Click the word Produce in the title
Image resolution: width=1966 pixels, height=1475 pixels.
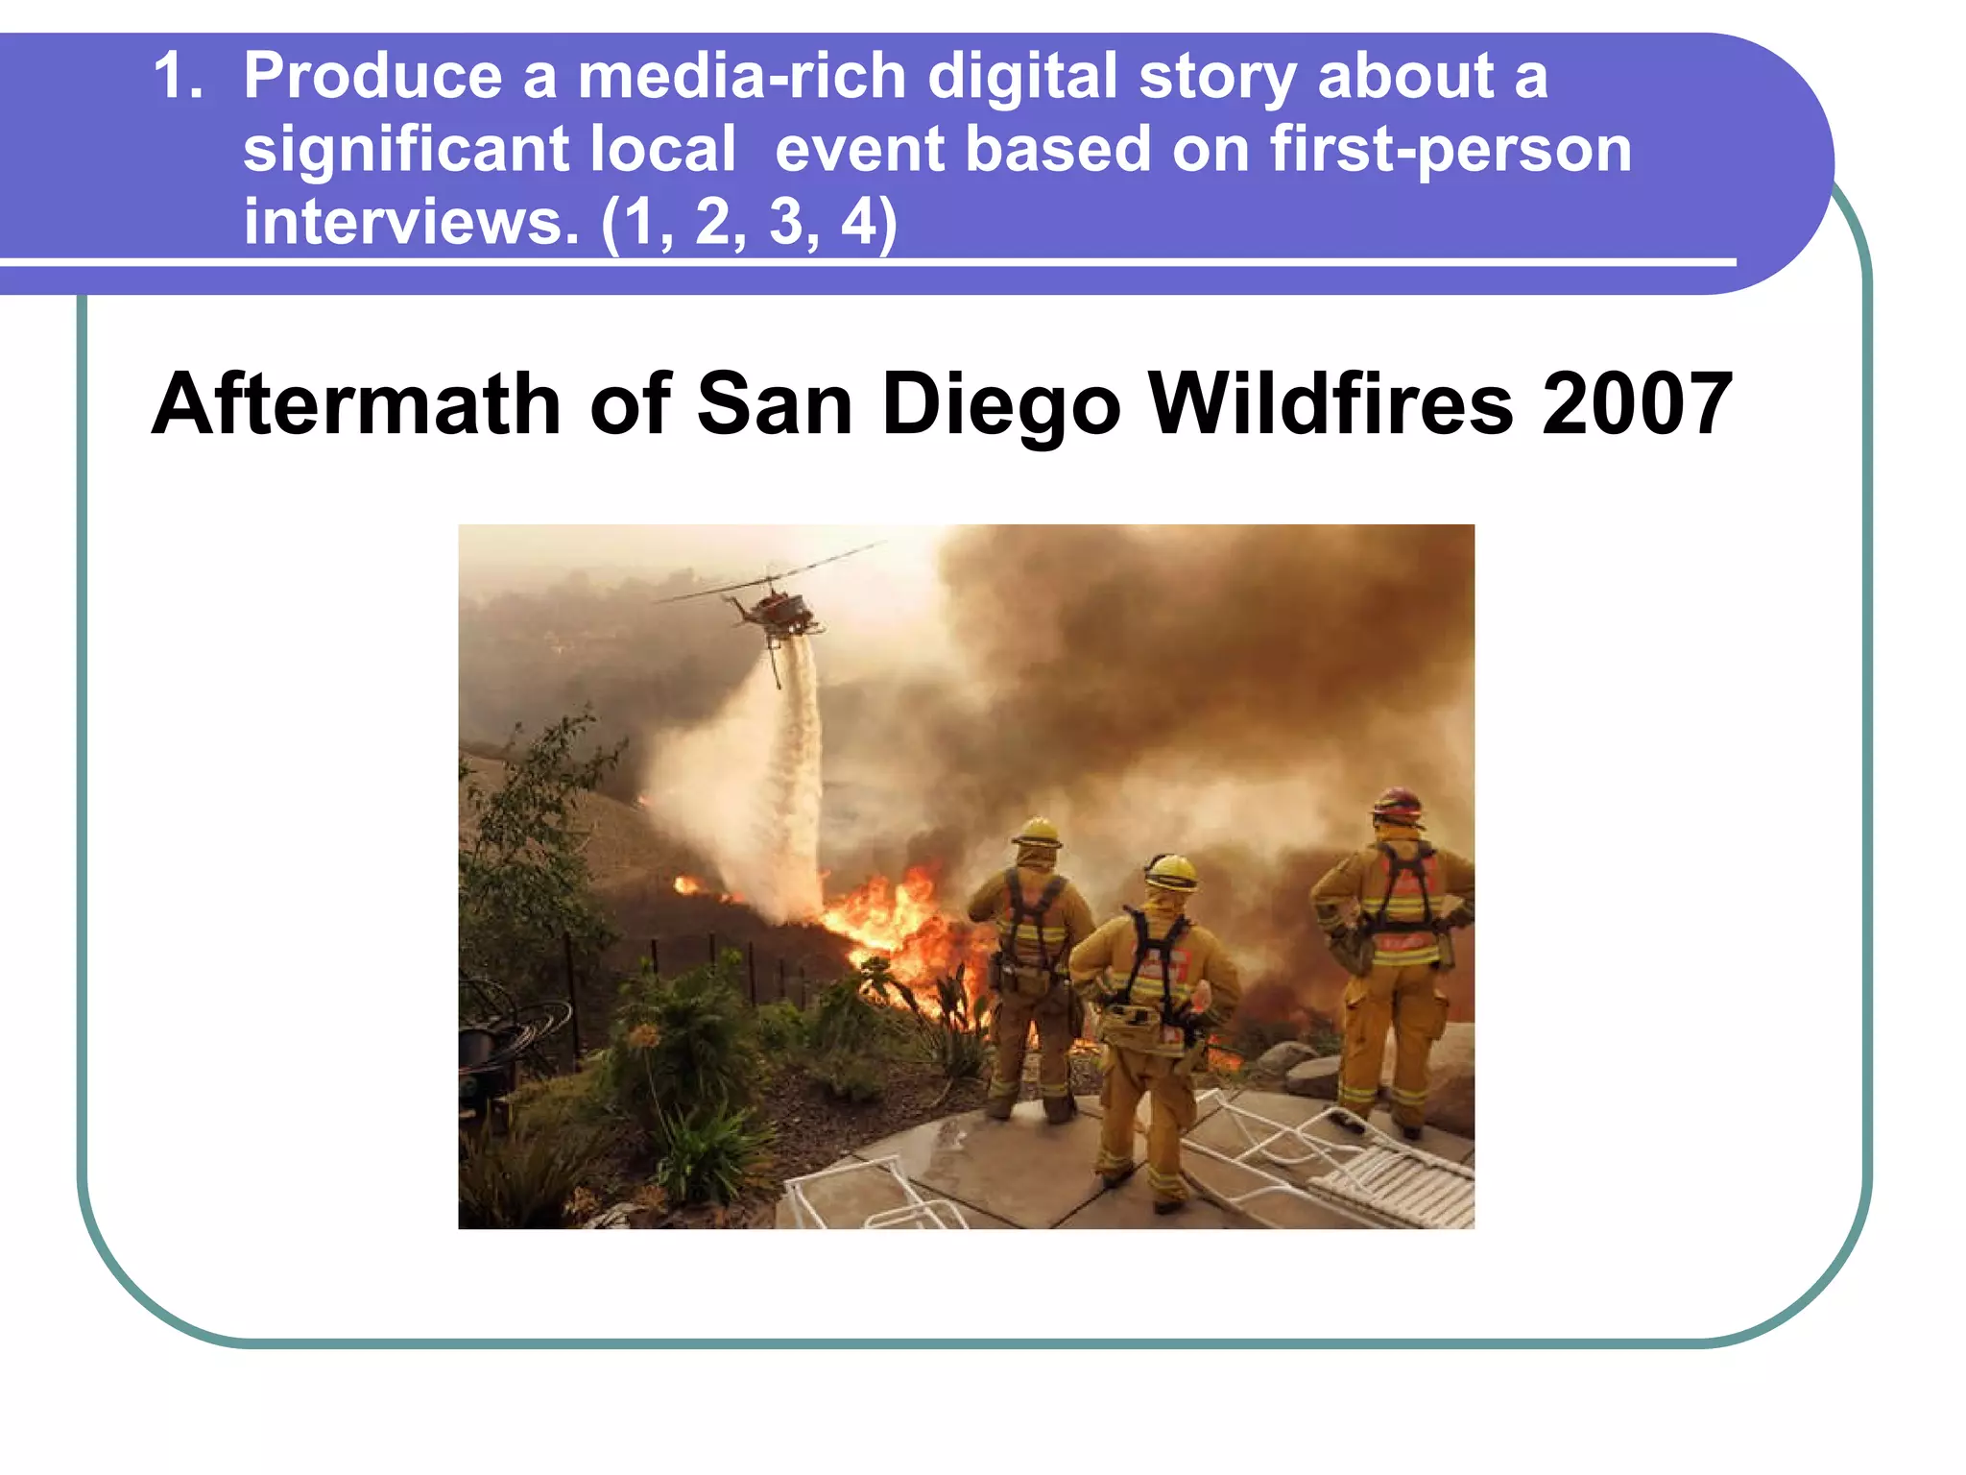[x=372, y=77]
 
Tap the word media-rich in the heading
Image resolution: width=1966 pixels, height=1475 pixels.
[x=741, y=77]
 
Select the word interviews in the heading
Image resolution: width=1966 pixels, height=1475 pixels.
[x=411, y=223]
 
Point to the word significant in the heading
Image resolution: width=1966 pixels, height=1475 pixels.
[x=406, y=151]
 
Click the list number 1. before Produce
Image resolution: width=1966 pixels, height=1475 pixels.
[x=179, y=77]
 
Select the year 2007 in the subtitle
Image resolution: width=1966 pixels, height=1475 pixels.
[x=1637, y=405]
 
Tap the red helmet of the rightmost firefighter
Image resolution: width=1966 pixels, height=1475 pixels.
[x=1398, y=805]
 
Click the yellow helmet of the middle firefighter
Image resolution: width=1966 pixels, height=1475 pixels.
[x=1171, y=872]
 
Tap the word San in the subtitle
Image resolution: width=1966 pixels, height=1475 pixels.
[x=774, y=405]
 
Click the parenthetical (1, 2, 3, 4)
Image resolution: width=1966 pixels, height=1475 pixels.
[x=749, y=223]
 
